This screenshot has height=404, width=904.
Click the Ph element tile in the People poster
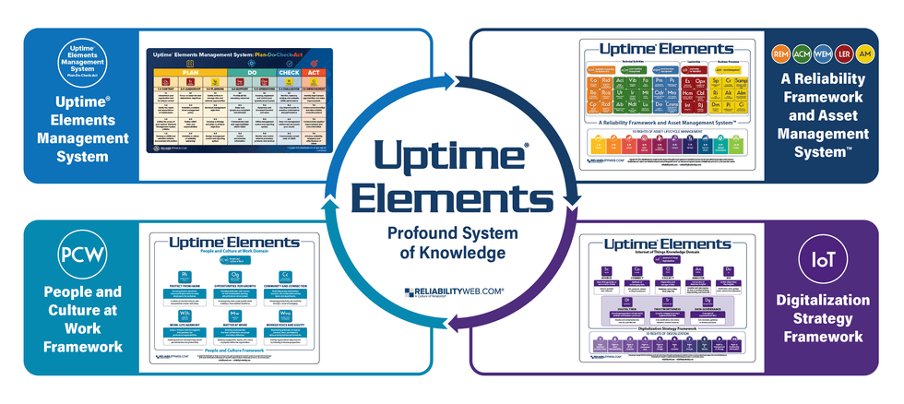click(x=188, y=276)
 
